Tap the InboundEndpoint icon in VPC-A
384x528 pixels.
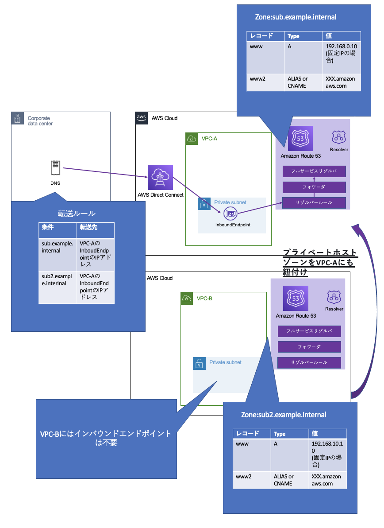[x=231, y=214]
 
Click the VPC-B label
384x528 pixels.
[x=204, y=299]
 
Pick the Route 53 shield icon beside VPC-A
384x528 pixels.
[x=300, y=139]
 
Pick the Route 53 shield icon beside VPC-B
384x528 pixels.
[x=296, y=299]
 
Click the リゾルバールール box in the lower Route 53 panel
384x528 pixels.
[x=309, y=362]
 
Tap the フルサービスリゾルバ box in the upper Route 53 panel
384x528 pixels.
[x=314, y=171]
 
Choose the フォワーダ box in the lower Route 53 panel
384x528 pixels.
[x=309, y=347]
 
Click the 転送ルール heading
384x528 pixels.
[x=77, y=214]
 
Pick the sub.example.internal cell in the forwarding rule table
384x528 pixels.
[x=58, y=247]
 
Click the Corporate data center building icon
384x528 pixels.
[x=17, y=118]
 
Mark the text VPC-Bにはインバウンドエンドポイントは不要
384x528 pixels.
[x=106, y=438]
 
